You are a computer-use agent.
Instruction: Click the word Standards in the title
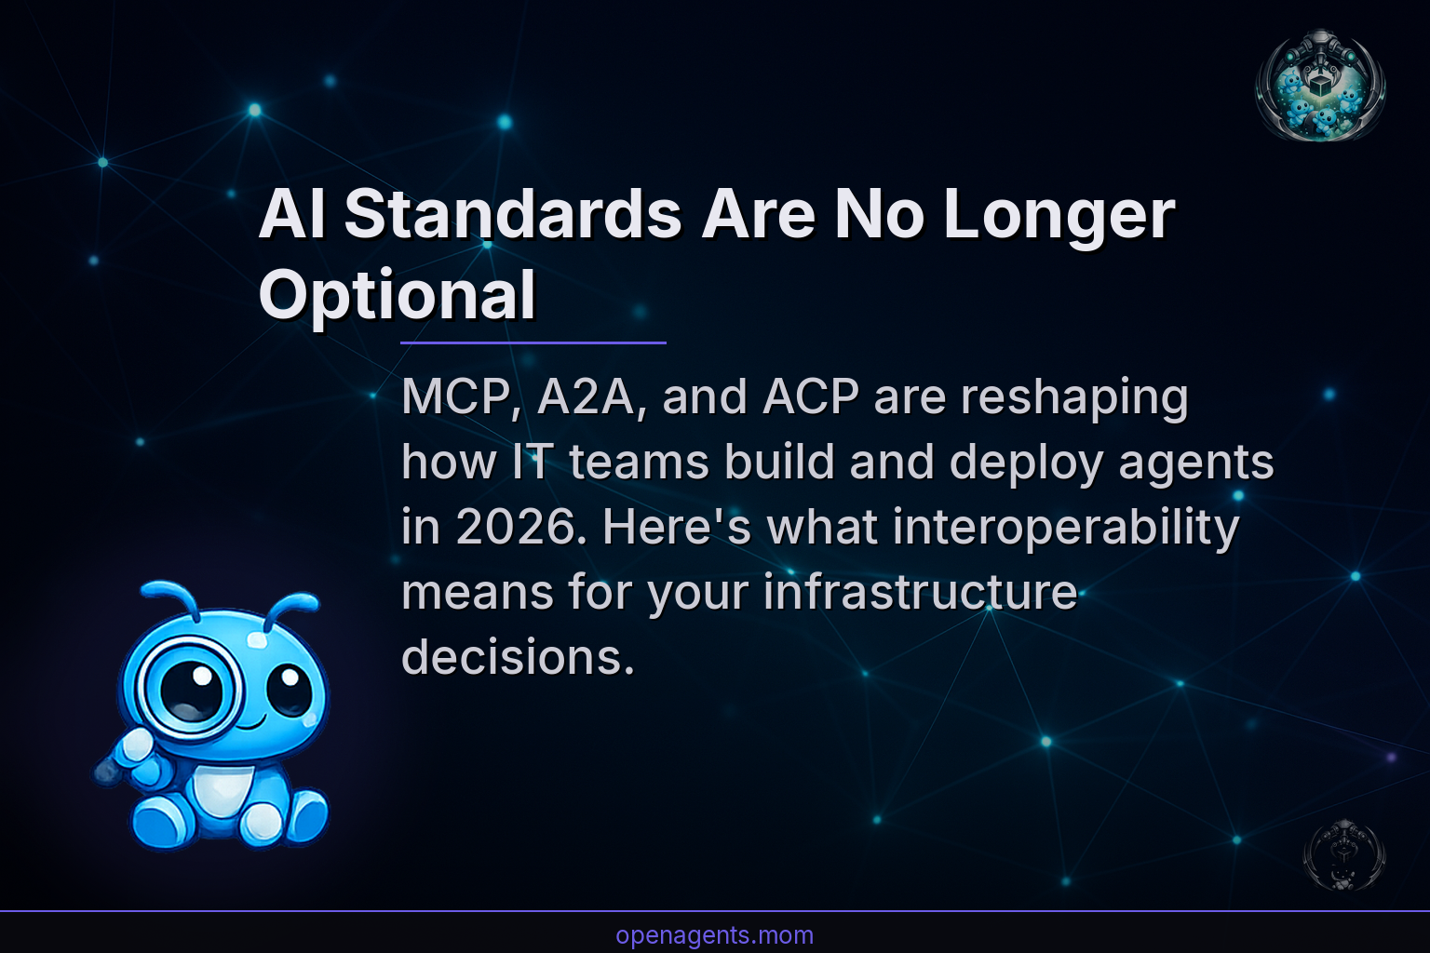pos(513,215)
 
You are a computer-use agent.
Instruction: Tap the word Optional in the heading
pos(397,295)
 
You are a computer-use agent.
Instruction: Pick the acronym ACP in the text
pos(811,397)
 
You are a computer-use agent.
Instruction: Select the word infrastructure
pos(920,593)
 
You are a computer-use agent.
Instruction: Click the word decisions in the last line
pos(518,658)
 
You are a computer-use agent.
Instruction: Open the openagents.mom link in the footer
pos(714,935)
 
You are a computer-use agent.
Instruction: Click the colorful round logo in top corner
pos(1320,86)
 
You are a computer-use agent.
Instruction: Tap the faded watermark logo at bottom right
pos(1343,854)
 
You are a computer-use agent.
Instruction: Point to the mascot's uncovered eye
pos(290,689)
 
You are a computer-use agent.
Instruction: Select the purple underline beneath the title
pos(533,342)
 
